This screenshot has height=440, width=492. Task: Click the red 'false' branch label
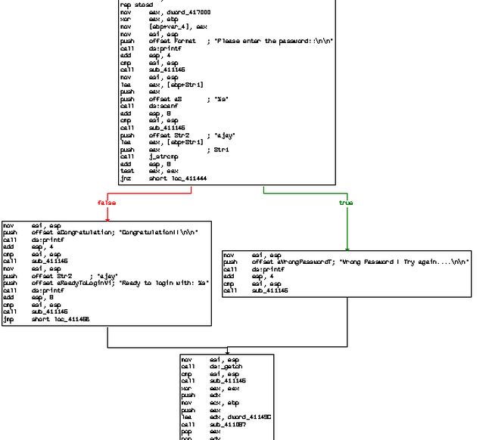point(106,203)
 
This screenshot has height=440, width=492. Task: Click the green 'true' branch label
point(346,203)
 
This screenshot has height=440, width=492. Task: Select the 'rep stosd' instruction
point(136,5)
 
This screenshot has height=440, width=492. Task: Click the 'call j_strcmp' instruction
point(151,156)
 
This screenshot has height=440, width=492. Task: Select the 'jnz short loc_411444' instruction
point(163,178)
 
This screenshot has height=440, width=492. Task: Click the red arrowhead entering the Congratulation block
point(107,218)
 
